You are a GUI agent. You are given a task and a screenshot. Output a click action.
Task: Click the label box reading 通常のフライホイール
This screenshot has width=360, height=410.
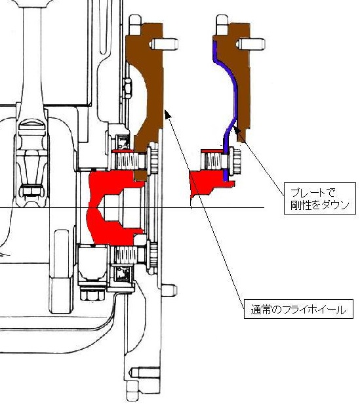point(298,309)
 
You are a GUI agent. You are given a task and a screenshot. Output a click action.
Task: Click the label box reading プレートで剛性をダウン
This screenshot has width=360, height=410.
point(320,199)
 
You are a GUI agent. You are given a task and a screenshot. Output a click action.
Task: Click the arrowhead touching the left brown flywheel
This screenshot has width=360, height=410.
point(168,114)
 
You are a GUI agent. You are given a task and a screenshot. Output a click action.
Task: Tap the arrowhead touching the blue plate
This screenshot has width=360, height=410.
point(237,130)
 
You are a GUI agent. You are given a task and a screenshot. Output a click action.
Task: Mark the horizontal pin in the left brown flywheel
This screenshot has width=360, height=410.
point(164,44)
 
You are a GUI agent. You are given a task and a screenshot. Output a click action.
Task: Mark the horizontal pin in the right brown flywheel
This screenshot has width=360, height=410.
point(251,44)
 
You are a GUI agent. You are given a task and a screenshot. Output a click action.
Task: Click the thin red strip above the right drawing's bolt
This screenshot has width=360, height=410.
point(213,151)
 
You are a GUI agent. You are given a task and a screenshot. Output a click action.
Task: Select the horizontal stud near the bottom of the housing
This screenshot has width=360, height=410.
point(144,373)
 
